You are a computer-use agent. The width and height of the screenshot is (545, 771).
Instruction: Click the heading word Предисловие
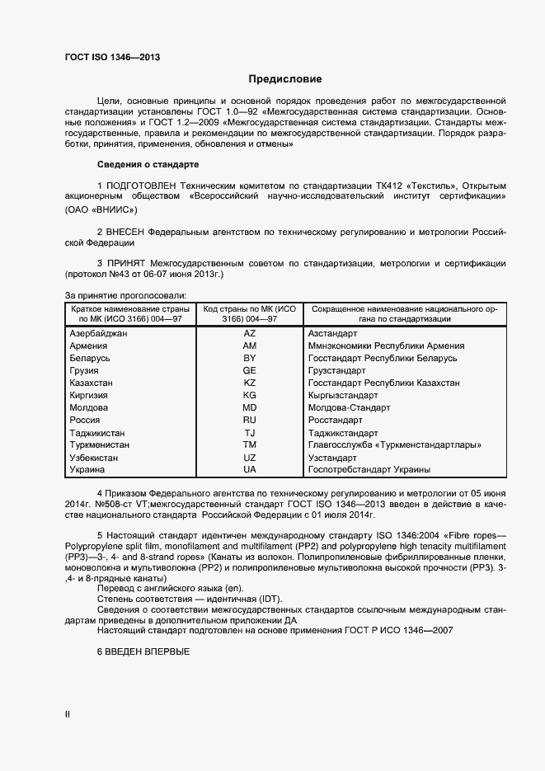285,79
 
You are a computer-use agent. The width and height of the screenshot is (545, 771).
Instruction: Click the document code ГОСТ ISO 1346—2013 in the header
112,57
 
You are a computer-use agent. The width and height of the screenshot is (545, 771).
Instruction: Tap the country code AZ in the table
250,334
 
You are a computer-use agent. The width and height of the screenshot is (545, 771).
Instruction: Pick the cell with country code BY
250,359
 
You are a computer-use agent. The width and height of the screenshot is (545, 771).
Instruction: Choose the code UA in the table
250,470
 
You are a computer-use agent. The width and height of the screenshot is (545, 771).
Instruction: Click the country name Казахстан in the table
93,383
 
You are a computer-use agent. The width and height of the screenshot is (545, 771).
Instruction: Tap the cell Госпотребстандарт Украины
369,470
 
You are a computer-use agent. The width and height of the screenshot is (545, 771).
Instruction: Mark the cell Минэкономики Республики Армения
379,346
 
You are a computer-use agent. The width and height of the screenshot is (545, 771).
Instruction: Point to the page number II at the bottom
68,715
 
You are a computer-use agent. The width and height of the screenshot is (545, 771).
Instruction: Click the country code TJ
250,433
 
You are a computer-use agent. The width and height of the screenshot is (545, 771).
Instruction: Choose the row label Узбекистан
94,458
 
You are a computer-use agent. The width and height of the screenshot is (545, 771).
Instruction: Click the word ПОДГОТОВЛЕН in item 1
141,184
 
